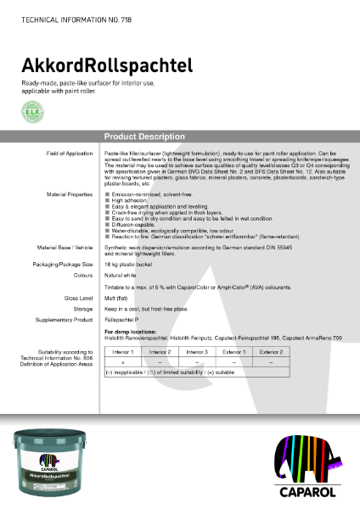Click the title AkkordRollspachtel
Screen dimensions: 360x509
tap(107, 64)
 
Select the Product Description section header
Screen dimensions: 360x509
tap(137, 136)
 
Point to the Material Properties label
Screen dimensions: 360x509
tap(70, 194)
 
